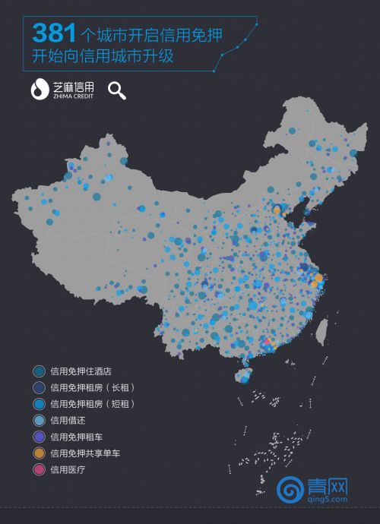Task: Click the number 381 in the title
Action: pyautogui.click(x=54, y=33)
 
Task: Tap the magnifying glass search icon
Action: pyautogui.click(x=116, y=90)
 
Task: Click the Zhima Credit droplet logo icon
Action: pyautogui.click(x=40, y=89)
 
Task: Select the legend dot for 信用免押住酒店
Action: pyautogui.click(x=39, y=371)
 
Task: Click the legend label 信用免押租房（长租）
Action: pyautogui.click(x=92, y=388)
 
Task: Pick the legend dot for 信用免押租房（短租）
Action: pyautogui.click(x=39, y=404)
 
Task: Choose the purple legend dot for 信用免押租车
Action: pyautogui.click(x=39, y=437)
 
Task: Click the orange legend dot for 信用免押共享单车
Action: pyautogui.click(x=39, y=453)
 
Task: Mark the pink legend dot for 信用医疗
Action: pyautogui.click(x=39, y=469)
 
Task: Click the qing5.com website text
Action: pyautogui.click(x=328, y=500)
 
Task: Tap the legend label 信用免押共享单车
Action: pyautogui.click(x=86, y=453)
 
